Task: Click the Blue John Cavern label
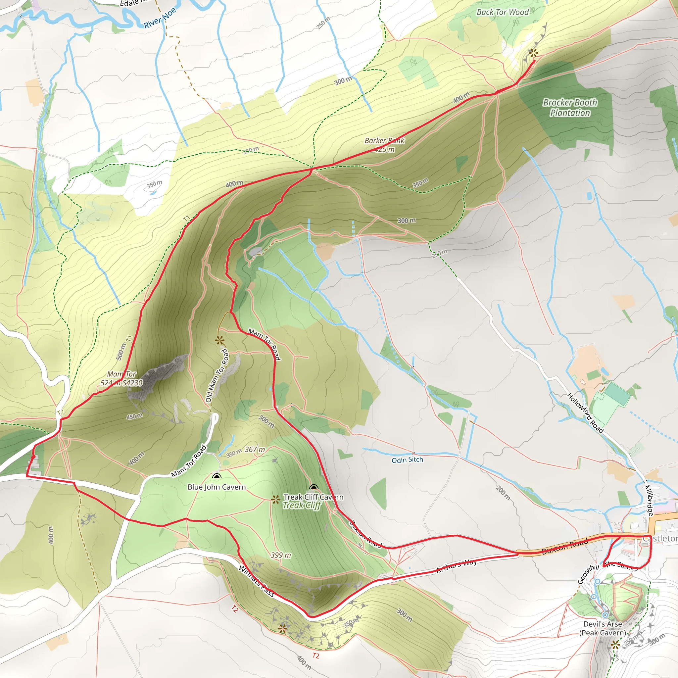coord(217,487)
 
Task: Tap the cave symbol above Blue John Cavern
coord(217,476)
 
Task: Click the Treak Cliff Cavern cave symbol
coord(314,487)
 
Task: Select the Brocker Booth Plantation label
coord(570,107)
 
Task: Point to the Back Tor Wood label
coord(503,12)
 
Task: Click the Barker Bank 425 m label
coord(385,145)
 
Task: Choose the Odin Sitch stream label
coord(407,460)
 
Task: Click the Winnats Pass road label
coord(256,581)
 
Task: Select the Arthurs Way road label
coord(456,566)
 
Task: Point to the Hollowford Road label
coord(585,413)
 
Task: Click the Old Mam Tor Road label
coord(217,375)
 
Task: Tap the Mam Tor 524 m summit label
coord(121,378)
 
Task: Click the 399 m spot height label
coord(281,555)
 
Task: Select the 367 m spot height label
coord(255,450)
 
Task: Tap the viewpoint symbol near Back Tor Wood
coord(533,53)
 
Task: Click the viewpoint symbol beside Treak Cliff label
coord(276,499)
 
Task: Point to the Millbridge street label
coord(649,500)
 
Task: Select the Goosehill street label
coord(588,574)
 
